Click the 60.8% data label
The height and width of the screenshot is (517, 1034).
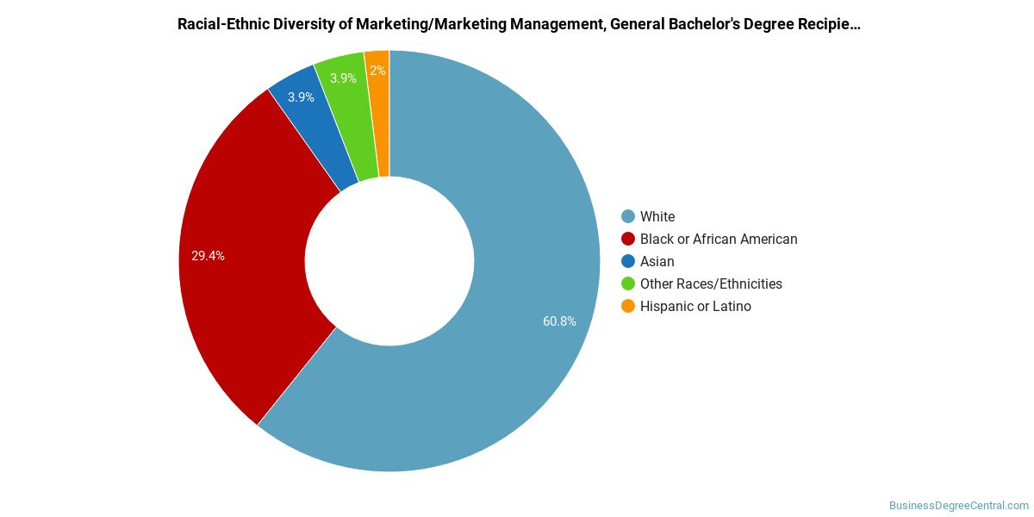click(559, 321)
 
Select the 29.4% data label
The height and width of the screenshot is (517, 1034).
click(208, 256)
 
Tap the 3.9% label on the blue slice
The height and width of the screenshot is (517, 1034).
click(301, 97)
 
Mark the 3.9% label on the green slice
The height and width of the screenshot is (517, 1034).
click(343, 78)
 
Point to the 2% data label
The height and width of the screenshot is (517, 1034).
click(377, 70)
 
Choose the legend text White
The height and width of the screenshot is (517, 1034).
click(657, 216)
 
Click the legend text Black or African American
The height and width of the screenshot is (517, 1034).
click(719, 240)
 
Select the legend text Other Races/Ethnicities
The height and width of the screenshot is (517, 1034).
click(711, 283)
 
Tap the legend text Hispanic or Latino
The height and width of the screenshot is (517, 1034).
click(695, 307)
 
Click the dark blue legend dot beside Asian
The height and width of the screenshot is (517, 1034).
click(628, 261)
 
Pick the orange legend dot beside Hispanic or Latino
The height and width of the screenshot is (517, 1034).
click(628, 306)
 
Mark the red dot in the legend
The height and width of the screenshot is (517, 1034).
click(628, 240)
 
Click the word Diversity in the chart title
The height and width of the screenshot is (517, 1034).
click(303, 24)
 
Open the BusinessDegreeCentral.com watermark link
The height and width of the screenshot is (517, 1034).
click(959, 506)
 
